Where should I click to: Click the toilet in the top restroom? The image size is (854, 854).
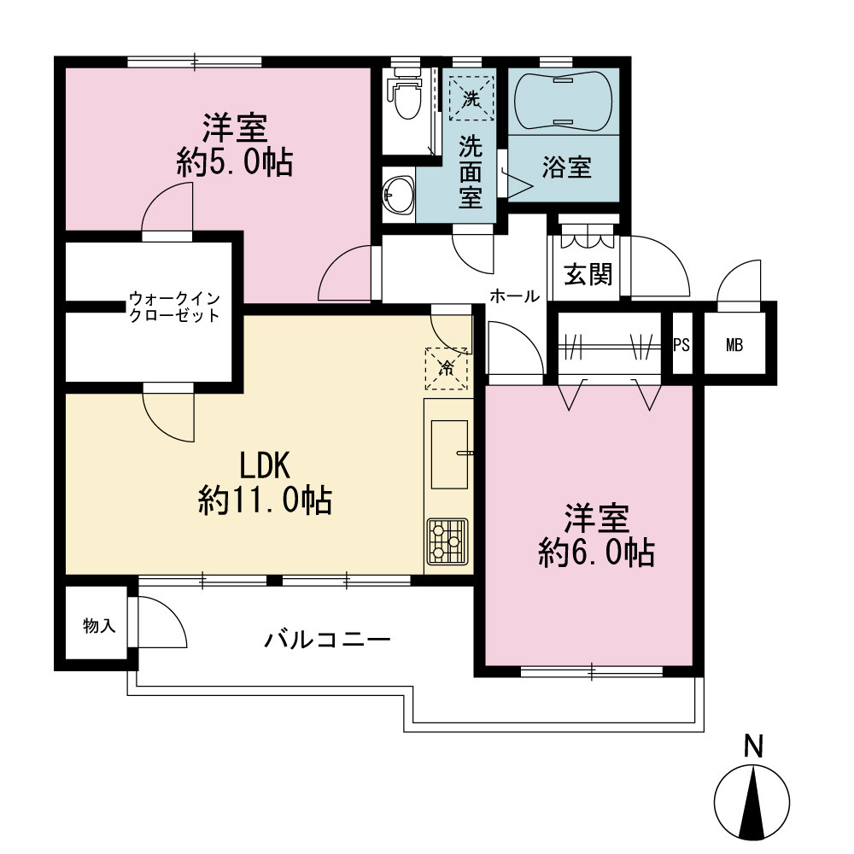tap(405, 94)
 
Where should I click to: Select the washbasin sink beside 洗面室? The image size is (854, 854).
tap(399, 195)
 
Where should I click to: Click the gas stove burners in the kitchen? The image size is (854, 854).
tap(447, 541)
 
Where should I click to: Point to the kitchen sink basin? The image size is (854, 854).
tap(449, 454)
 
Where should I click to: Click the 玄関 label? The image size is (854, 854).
tap(588, 274)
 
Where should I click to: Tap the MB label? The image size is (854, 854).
tap(734, 345)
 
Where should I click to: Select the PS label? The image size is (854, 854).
tap(681, 345)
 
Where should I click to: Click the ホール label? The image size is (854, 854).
tap(515, 296)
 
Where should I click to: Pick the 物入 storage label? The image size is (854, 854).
tap(99, 626)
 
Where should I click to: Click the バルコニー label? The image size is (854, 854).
tap(327, 639)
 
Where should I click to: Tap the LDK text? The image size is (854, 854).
tap(266, 465)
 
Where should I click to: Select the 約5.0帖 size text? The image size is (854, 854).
tap(235, 161)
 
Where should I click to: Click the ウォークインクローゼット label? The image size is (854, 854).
tap(174, 307)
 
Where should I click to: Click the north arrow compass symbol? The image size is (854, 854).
tap(752, 804)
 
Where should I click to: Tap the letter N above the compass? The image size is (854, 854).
tap(753, 746)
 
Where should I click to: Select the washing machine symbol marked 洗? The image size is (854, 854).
tap(471, 98)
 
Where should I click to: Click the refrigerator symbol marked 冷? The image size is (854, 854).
tap(446, 368)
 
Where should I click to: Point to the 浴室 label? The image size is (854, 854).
tap(566, 167)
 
